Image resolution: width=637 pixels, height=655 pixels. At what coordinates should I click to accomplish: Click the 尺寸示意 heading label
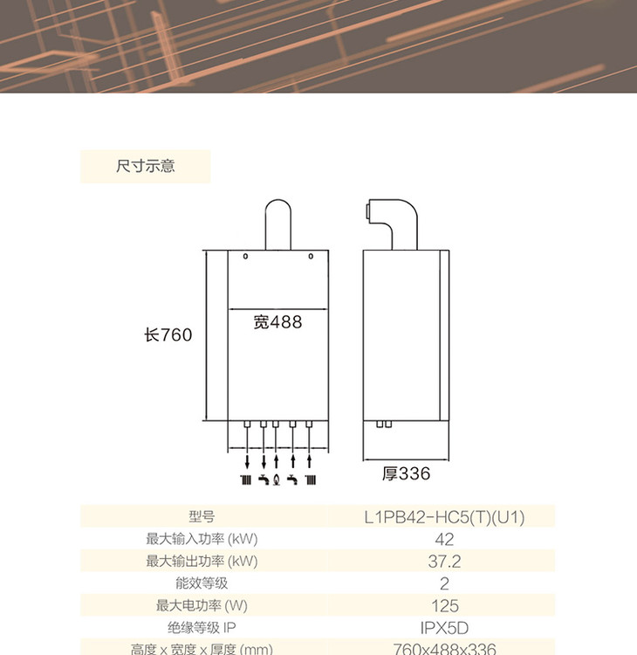click(146, 166)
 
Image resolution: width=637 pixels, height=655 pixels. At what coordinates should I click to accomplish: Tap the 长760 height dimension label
click(168, 334)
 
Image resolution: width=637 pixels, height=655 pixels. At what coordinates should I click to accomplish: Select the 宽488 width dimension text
click(277, 322)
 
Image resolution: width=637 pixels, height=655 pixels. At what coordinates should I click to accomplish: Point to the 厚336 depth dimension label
click(407, 474)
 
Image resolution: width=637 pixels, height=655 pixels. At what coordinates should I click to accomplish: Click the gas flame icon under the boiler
click(277, 479)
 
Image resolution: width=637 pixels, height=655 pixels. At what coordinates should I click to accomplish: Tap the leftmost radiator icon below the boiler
click(247, 479)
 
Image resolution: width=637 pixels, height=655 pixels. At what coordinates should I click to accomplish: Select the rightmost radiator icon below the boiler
click(309, 479)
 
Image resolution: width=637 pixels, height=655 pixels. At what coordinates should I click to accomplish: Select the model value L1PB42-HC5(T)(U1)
click(444, 517)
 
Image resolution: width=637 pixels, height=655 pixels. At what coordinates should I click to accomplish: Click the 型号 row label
click(201, 517)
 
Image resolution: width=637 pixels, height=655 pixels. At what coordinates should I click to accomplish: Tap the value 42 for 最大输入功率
click(444, 540)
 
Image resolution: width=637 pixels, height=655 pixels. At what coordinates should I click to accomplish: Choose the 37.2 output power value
click(444, 562)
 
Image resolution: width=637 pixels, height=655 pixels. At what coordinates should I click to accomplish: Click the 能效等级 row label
click(201, 583)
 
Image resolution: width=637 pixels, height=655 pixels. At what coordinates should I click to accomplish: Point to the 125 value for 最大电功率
click(444, 605)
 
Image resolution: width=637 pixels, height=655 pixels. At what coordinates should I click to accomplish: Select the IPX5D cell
click(444, 627)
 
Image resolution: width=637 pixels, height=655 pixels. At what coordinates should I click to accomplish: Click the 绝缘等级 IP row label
click(201, 627)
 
